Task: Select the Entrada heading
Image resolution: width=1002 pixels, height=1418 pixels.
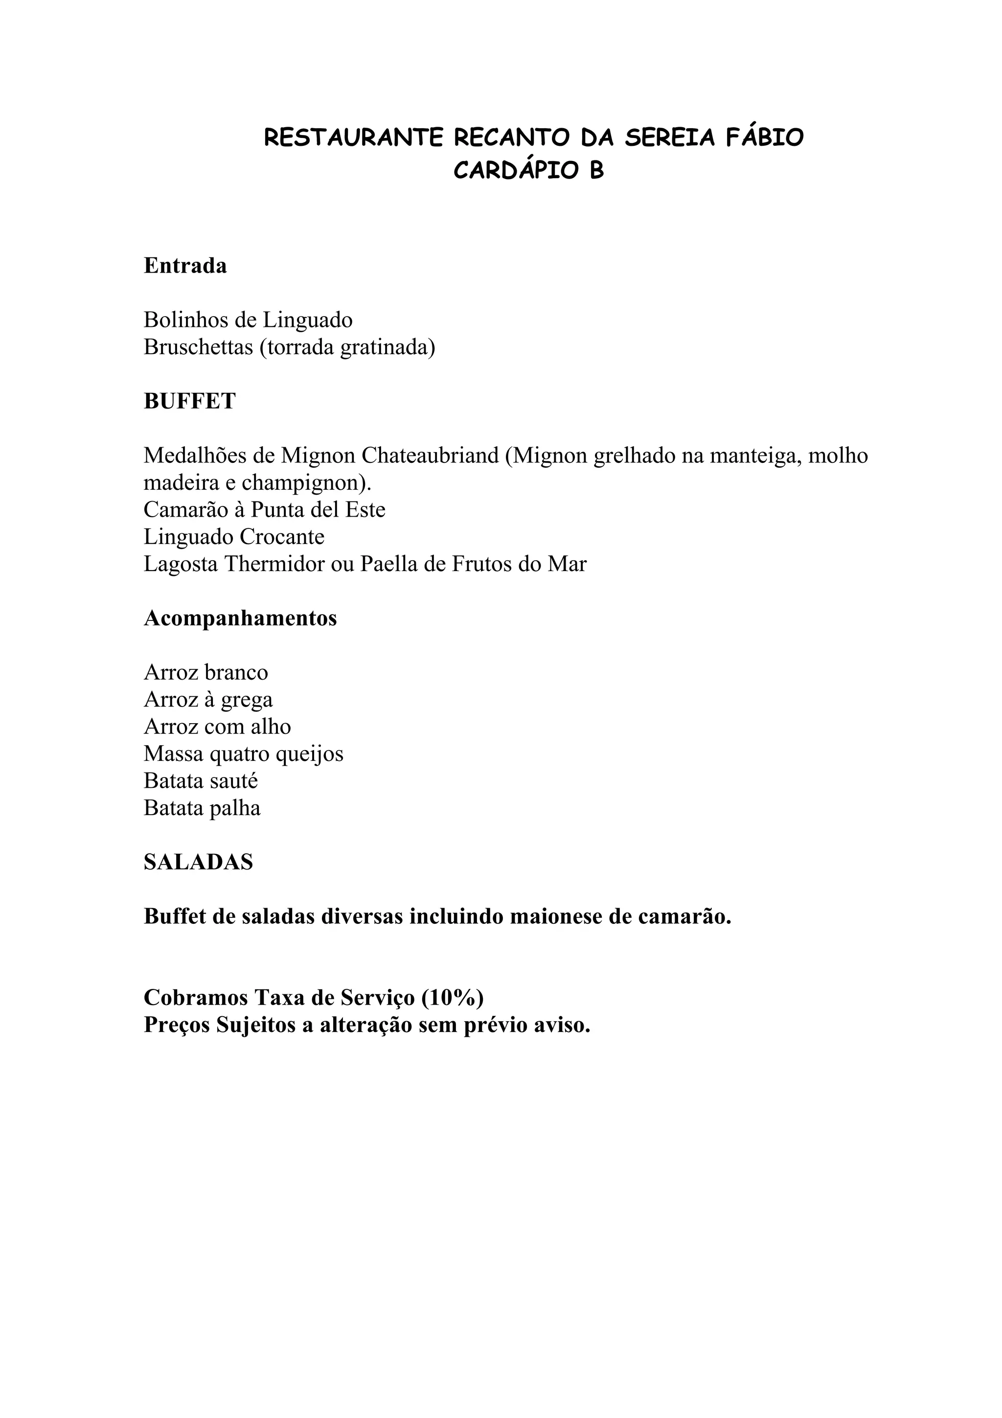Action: (x=185, y=266)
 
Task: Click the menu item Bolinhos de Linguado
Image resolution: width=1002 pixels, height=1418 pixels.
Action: (x=248, y=320)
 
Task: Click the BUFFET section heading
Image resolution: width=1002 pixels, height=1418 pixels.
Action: (x=189, y=401)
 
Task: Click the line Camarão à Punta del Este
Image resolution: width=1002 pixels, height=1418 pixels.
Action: (x=264, y=509)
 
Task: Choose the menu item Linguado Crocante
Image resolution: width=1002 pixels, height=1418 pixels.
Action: (x=234, y=537)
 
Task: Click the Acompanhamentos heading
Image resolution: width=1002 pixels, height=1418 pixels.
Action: (x=240, y=618)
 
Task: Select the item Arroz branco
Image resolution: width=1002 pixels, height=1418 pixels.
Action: (x=205, y=672)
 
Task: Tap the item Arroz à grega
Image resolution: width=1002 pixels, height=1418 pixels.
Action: (x=208, y=699)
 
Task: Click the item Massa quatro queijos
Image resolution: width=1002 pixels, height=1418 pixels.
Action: (x=243, y=754)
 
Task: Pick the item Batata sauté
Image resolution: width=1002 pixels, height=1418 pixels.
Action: (x=201, y=780)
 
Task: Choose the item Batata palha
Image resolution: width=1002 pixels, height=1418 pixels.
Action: (x=202, y=808)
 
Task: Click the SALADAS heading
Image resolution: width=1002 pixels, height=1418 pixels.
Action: (x=198, y=862)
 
